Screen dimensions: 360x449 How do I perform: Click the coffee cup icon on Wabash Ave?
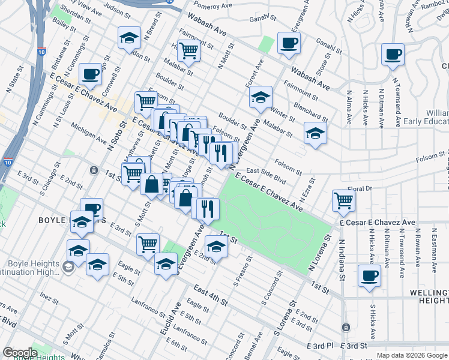289,43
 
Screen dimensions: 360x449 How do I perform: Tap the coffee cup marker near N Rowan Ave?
393,55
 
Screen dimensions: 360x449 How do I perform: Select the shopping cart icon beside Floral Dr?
343,200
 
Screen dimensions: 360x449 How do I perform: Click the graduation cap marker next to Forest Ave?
260,97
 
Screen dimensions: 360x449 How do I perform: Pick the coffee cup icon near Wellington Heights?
369,276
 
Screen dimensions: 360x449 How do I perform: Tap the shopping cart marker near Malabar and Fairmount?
189,50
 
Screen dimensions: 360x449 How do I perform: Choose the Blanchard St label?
311,113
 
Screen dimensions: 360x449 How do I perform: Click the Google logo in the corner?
20,353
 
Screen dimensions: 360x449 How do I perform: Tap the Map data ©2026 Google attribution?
412,355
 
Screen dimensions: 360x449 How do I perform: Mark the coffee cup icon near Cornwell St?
90,74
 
